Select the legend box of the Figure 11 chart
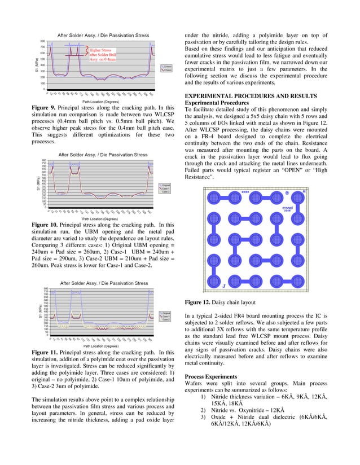pyautogui.click(x=165, y=317)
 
